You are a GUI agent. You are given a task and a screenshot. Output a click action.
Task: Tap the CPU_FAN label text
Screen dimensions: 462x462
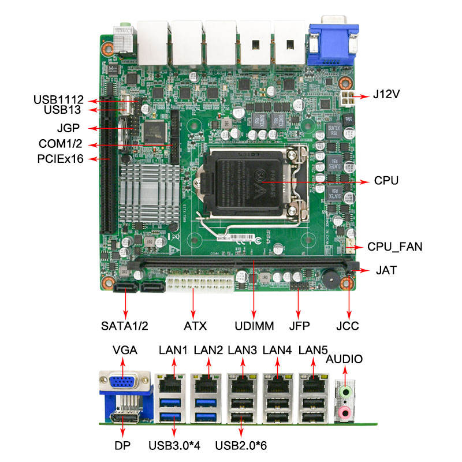[x=395, y=247]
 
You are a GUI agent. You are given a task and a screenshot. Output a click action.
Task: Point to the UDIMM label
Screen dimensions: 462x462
[x=254, y=326]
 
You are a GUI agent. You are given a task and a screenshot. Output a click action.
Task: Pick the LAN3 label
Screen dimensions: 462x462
[x=243, y=350]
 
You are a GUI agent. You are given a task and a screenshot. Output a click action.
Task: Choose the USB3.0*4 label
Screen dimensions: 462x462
[x=173, y=445]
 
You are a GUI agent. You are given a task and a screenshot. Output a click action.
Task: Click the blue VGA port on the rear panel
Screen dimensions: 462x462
[x=123, y=383]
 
